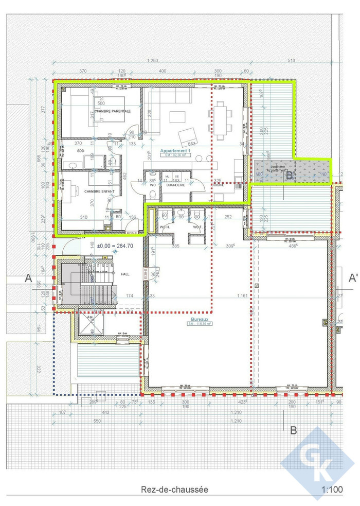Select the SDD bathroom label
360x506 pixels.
tap(80, 151)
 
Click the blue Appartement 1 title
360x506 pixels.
tap(175, 151)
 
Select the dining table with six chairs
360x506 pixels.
tap(221, 120)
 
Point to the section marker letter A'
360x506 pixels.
tap(353, 278)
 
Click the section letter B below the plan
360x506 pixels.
tap(294, 430)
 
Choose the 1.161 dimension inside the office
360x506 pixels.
tap(242, 296)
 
